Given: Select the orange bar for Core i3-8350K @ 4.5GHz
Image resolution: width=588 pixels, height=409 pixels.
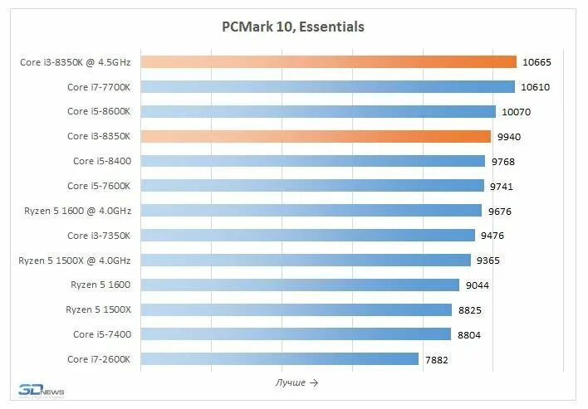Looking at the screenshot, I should [x=329, y=61].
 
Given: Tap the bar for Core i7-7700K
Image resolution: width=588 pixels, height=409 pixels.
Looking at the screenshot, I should [x=328, y=86].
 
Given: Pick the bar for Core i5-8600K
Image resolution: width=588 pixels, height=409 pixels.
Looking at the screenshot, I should [x=318, y=111].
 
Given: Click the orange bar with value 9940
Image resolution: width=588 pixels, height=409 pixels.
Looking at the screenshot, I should [x=316, y=136].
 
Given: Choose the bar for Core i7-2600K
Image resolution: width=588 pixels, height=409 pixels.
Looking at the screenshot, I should [x=280, y=358].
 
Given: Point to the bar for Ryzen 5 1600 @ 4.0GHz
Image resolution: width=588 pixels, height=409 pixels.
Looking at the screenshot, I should [x=311, y=211].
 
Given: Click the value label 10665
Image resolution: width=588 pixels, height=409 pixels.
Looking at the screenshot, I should [x=537, y=62].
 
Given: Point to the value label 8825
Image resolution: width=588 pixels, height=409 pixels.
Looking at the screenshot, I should [x=469, y=309].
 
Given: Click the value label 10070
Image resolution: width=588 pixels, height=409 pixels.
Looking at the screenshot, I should [x=514, y=112].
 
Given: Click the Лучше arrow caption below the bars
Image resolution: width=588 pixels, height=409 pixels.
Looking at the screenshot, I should [x=296, y=382].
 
